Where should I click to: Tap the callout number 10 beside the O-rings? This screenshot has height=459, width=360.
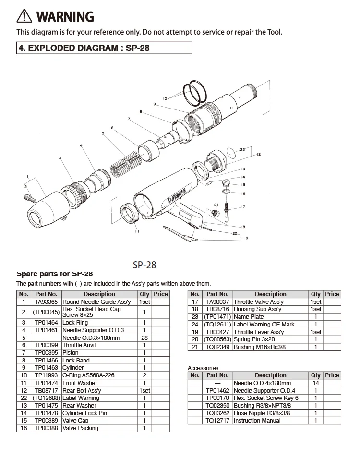click(x=165, y=98)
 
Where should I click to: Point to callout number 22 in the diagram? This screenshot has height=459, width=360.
click(x=242, y=150)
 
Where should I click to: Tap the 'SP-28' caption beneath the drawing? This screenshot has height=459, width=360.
click(x=144, y=265)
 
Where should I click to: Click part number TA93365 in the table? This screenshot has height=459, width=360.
click(x=46, y=302)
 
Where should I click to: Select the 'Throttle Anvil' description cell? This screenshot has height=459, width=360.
click(x=79, y=345)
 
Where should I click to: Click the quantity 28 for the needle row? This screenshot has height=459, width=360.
click(x=144, y=338)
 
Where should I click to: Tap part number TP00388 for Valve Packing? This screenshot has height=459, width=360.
click(x=46, y=428)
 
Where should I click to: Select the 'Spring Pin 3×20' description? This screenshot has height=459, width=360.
click(x=254, y=339)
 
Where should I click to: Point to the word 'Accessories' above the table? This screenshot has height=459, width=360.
click(x=203, y=368)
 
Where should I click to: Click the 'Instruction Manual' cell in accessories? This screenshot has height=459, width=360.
click(x=257, y=421)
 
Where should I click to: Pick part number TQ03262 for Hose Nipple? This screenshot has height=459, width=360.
click(x=217, y=413)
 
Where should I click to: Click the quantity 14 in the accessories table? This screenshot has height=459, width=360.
click(x=316, y=383)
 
